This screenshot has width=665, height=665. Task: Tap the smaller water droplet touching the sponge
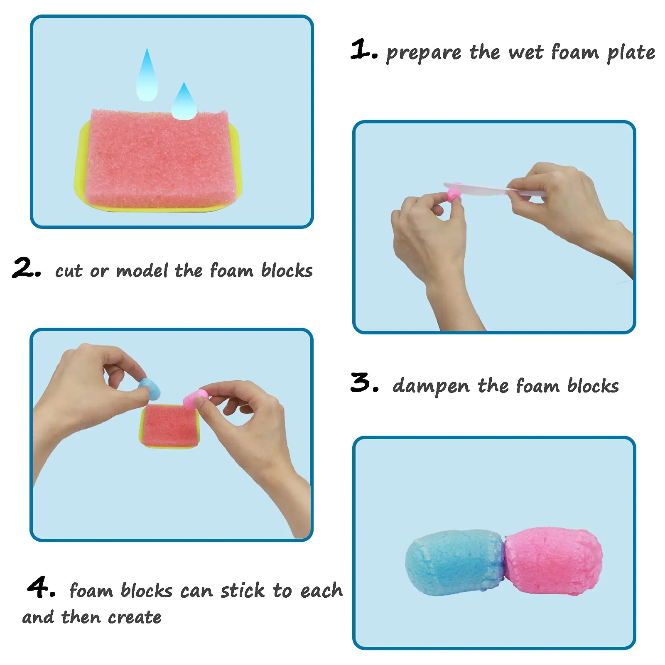[x=184, y=104]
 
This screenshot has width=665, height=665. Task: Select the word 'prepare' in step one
[x=424, y=53]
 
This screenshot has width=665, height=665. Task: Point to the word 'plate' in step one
[x=631, y=53]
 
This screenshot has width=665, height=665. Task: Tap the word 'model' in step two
[x=142, y=271]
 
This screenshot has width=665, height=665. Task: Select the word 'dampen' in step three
[x=431, y=386]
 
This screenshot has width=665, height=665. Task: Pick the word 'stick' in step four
[x=242, y=590]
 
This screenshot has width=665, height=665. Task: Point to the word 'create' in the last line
[x=135, y=617]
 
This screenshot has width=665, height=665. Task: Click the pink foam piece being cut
[x=452, y=194]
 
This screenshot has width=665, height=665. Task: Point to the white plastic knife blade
[x=478, y=187]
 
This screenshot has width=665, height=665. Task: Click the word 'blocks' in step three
[x=593, y=386]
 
